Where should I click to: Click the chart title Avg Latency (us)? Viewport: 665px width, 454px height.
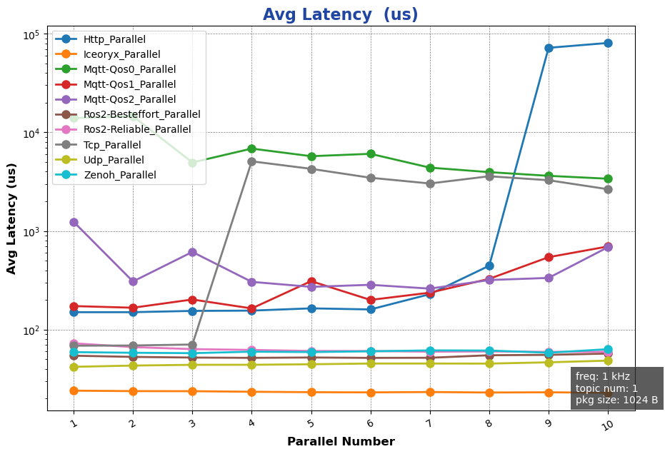tap(340, 15)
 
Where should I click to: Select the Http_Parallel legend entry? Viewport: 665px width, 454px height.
tap(114, 39)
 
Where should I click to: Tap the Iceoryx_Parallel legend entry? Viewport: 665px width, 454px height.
tap(121, 54)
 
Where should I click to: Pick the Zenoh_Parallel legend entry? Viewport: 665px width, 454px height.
tap(119, 175)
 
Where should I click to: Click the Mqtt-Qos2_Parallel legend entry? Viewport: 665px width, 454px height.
tap(129, 99)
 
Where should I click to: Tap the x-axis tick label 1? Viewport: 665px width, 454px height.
tap(73, 423)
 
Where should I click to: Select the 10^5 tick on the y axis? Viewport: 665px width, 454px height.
tap(32, 34)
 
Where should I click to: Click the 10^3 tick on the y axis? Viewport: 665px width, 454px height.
tap(32, 232)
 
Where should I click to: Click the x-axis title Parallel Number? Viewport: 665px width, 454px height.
tap(341, 442)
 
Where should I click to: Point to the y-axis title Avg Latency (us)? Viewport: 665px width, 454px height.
tap(12, 218)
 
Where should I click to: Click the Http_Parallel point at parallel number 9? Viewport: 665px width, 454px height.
tap(549, 48)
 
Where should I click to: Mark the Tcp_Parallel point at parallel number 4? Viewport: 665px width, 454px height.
tap(251, 161)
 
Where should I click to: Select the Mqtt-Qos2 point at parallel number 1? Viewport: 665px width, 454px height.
tap(74, 222)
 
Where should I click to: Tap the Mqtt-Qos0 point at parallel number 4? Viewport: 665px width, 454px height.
tap(251, 148)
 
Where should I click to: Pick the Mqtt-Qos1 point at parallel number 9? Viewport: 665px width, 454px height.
tap(549, 257)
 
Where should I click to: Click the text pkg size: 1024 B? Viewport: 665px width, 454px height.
tap(617, 400)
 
